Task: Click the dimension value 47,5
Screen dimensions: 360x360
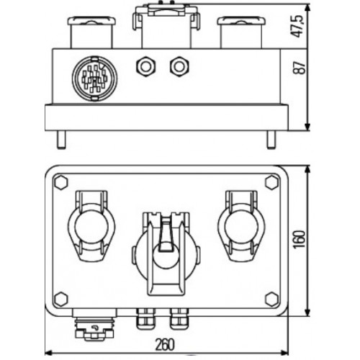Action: [x=297, y=26]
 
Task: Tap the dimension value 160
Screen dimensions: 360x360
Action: [x=300, y=240]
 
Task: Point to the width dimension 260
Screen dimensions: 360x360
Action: [x=165, y=345]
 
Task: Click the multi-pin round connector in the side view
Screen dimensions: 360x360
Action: [x=95, y=78]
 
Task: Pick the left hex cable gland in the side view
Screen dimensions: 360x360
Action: [x=145, y=66]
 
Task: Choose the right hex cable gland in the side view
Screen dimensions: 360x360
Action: [x=179, y=66]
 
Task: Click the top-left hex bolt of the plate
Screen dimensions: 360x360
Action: [x=60, y=182]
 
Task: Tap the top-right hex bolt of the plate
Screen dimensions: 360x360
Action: [x=272, y=182]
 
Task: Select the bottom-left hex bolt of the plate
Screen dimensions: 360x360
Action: [x=60, y=300]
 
